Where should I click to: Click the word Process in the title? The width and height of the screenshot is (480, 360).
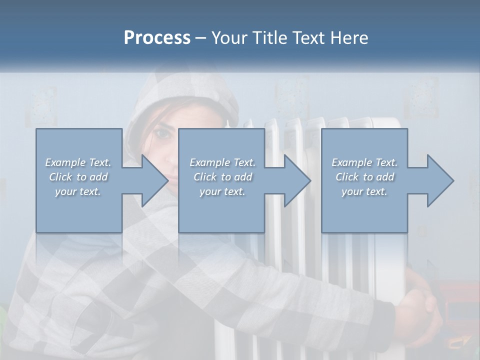157,38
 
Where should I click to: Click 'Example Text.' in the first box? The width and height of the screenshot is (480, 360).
78,162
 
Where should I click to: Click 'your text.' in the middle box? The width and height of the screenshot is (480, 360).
222,191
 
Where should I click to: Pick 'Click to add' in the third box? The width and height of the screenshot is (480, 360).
364,177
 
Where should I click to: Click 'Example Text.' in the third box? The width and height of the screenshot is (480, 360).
364,162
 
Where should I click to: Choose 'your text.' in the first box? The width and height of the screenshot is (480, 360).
78,191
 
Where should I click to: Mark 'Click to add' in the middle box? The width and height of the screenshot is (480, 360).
222,177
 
